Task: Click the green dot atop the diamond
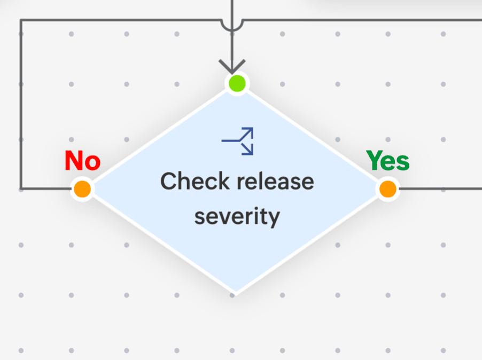[x=237, y=83]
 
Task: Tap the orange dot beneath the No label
[x=82, y=189]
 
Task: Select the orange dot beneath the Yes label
[x=388, y=189]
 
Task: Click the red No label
[x=83, y=160]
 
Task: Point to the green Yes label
[x=388, y=160]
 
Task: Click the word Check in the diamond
[x=195, y=181]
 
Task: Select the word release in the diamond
[x=275, y=182]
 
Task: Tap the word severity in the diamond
[x=237, y=217]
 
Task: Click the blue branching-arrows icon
[x=238, y=141]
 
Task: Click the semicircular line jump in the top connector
[x=232, y=25]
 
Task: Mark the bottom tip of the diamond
[x=236, y=293]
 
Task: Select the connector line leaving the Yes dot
[x=439, y=189]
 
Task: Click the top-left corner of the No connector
[x=21, y=20]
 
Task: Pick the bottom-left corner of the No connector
[x=21, y=189]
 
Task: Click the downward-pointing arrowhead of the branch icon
[x=248, y=150]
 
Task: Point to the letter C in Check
[x=169, y=181]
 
